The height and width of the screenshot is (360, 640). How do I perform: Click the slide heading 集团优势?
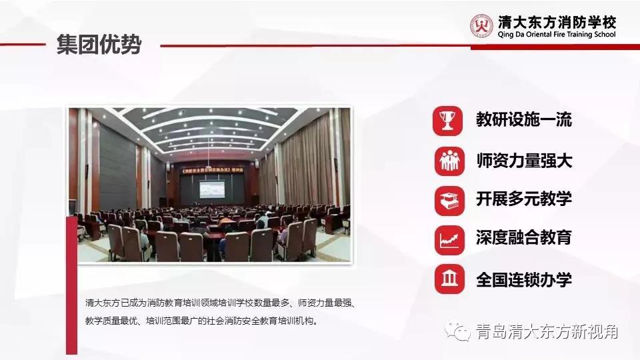tap(99, 45)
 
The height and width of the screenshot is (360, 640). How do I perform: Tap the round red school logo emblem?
tap(481, 27)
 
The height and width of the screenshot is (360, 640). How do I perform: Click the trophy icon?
tap(449, 121)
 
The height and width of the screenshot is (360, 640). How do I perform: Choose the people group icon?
tap(449, 161)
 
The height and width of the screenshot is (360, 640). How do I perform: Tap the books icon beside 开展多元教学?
tap(449, 199)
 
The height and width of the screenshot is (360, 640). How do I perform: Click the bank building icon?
tap(449, 279)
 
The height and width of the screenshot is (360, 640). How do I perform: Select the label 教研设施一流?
tap(523, 121)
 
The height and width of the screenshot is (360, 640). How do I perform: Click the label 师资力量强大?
tap(523, 161)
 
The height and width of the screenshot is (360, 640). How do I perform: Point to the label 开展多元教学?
tap(523, 199)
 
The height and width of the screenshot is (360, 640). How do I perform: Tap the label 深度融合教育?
tap(523, 238)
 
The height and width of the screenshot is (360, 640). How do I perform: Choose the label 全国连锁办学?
tap(523, 279)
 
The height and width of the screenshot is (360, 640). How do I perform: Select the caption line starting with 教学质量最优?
tap(202, 321)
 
